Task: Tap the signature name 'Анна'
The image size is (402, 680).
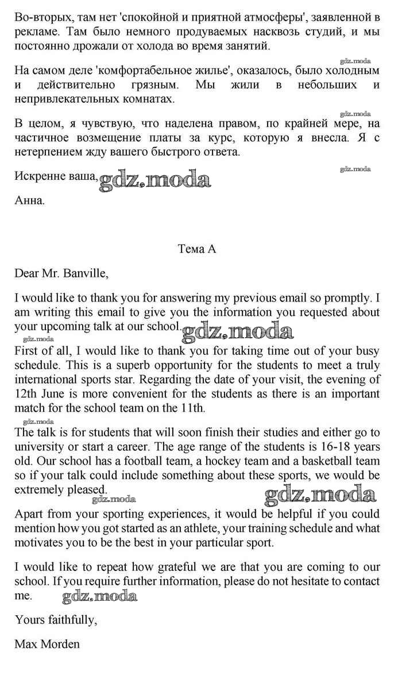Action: pos(29,200)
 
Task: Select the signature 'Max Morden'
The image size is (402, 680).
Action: pos(47,644)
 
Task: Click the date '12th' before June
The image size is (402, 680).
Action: pos(25,393)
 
